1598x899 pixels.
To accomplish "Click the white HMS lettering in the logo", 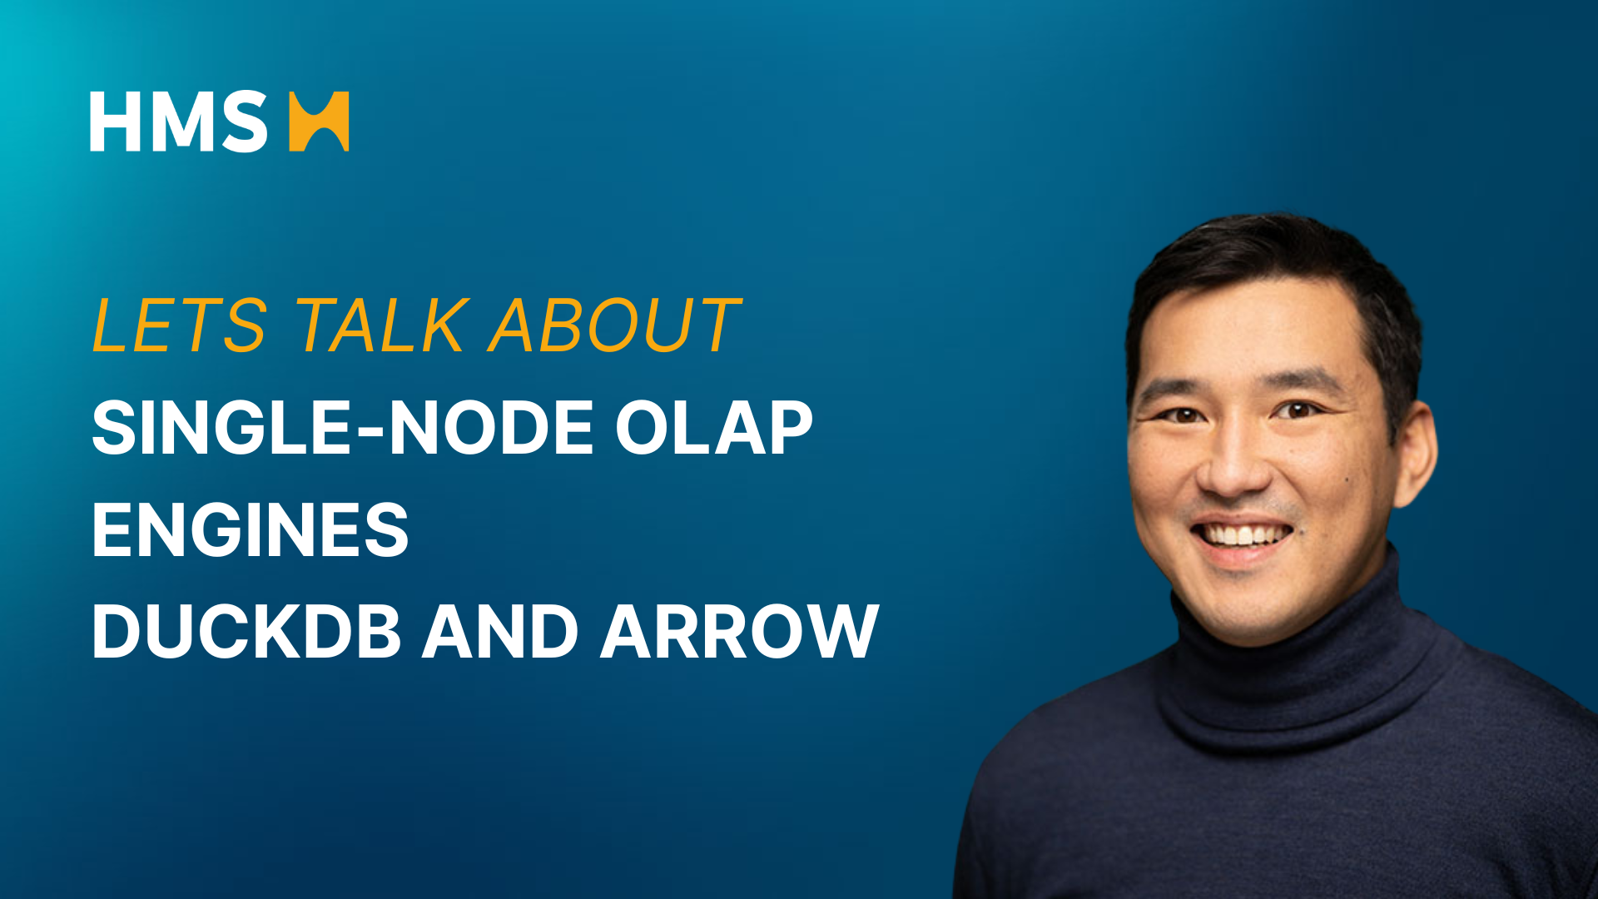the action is pos(179,122).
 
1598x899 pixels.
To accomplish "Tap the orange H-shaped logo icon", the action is pos(319,122).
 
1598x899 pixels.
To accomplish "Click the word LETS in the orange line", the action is pos(180,325).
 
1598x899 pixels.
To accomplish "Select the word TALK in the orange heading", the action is pos(383,325).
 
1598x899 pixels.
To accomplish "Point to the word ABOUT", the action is pos(614,325).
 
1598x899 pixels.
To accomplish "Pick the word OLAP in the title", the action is pos(713,428).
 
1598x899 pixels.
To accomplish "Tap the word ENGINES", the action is pos(251,529).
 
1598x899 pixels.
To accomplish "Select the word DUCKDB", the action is pos(247,631).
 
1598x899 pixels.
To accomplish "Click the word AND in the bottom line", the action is pos(500,631).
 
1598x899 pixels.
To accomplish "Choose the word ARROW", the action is pos(739,631).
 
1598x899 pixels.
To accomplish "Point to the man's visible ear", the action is pos(1416,454).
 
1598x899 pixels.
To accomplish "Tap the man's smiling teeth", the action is pos(1242,534).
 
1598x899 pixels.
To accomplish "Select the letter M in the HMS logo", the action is pos(177,122).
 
